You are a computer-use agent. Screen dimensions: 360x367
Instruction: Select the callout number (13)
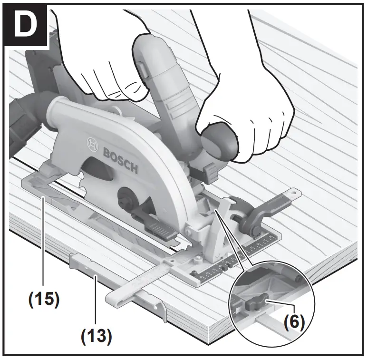pyautogui.click(x=96, y=336)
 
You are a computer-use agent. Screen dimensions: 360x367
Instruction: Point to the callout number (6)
pyautogui.click(x=293, y=321)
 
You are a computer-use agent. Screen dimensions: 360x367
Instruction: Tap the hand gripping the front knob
pyautogui.click(x=247, y=114)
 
